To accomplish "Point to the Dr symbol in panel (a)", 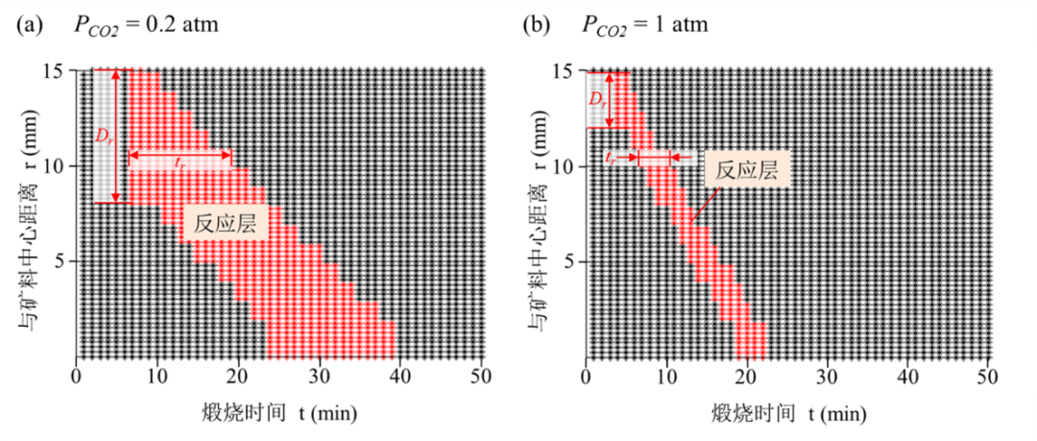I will (x=103, y=135).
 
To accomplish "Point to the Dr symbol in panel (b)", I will (x=597, y=100).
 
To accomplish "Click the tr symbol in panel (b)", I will (x=612, y=157).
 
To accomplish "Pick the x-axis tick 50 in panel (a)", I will (x=482, y=375).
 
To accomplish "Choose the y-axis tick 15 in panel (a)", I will (x=56, y=71).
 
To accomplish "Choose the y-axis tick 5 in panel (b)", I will (x=570, y=261).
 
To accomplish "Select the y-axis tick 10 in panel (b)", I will (x=567, y=166).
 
